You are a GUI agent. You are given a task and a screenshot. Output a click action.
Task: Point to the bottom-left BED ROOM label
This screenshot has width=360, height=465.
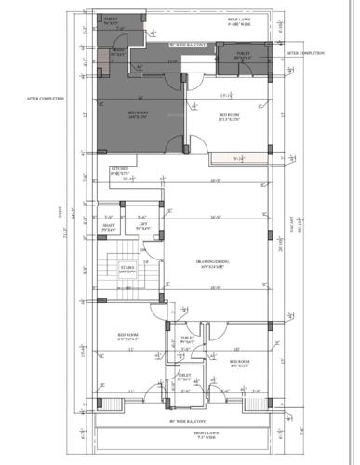[128, 336]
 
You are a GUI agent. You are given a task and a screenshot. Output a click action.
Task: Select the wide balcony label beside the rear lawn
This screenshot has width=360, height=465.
[186, 44]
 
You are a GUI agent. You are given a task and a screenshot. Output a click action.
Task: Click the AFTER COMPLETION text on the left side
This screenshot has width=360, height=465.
[45, 98]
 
